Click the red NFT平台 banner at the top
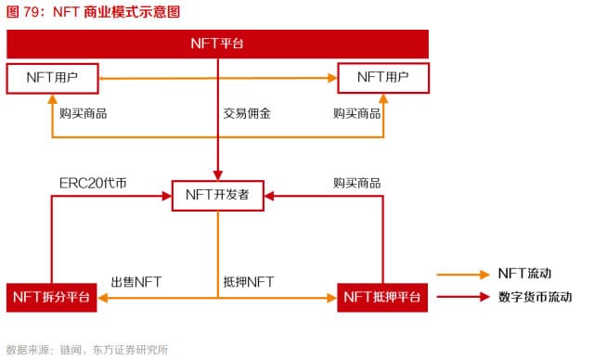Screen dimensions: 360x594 (217, 44)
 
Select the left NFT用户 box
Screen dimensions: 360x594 (52, 77)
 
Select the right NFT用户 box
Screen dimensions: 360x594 (383, 77)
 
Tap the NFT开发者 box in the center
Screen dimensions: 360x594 (218, 195)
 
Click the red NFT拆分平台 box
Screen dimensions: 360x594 (52, 297)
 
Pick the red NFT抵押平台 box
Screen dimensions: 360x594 (381, 297)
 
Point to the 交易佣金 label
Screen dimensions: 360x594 (247, 114)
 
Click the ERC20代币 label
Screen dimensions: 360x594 (86, 183)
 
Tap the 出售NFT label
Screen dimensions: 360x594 (136, 281)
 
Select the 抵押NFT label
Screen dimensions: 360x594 (249, 281)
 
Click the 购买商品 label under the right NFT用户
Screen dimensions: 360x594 (357, 114)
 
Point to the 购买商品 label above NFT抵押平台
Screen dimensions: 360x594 (357, 183)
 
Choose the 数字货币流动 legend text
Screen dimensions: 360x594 (535, 297)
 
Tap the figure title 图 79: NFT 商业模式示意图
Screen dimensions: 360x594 (93, 12)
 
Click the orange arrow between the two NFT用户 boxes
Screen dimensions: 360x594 (217, 78)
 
